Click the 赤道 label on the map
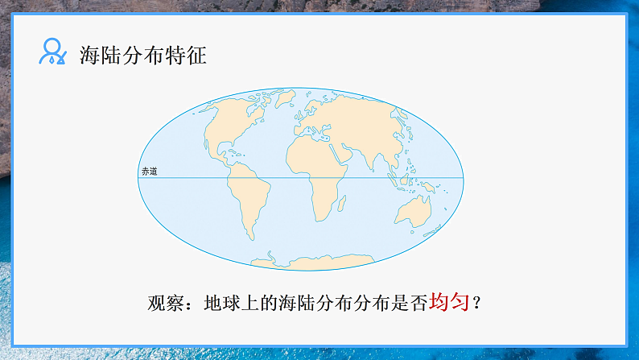pyautogui.click(x=149, y=172)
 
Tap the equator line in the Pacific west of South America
pyautogui.click(x=185, y=178)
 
